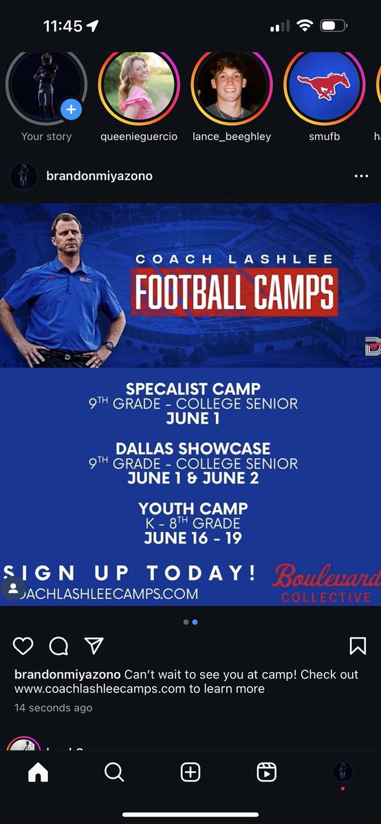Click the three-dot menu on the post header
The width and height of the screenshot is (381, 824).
coord(361,176)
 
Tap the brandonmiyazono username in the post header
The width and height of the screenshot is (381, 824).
coord(99,176)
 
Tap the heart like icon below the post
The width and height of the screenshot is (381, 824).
coord(23,645)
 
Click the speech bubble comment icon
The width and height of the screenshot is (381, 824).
coord(59,645)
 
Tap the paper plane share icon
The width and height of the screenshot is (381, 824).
coord(94,645)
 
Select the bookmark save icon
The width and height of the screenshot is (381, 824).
coord(358,645)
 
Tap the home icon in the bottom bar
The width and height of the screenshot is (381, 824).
coord(38,772)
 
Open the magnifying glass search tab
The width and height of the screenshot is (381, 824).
coord(114,772)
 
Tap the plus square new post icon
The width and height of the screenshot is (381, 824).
coord(190,772)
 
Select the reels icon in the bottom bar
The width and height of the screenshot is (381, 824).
coord(266,772)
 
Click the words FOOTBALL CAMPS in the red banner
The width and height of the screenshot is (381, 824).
coord(235,292)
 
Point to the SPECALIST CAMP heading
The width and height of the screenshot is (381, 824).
coord(193,389)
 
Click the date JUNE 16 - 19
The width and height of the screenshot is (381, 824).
coord(193,538)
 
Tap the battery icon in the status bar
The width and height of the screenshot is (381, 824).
coord(334,26)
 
